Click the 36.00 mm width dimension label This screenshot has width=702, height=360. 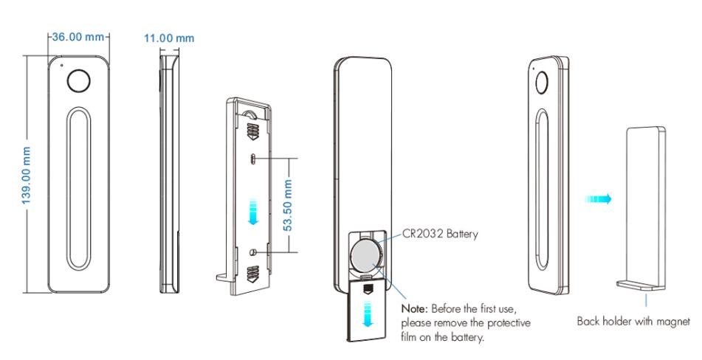click(78, 38)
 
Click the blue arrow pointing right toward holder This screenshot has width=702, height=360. click(598, 199)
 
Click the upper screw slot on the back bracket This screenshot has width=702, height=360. click(253, 158)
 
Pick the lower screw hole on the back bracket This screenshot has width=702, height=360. click(253, 252)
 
